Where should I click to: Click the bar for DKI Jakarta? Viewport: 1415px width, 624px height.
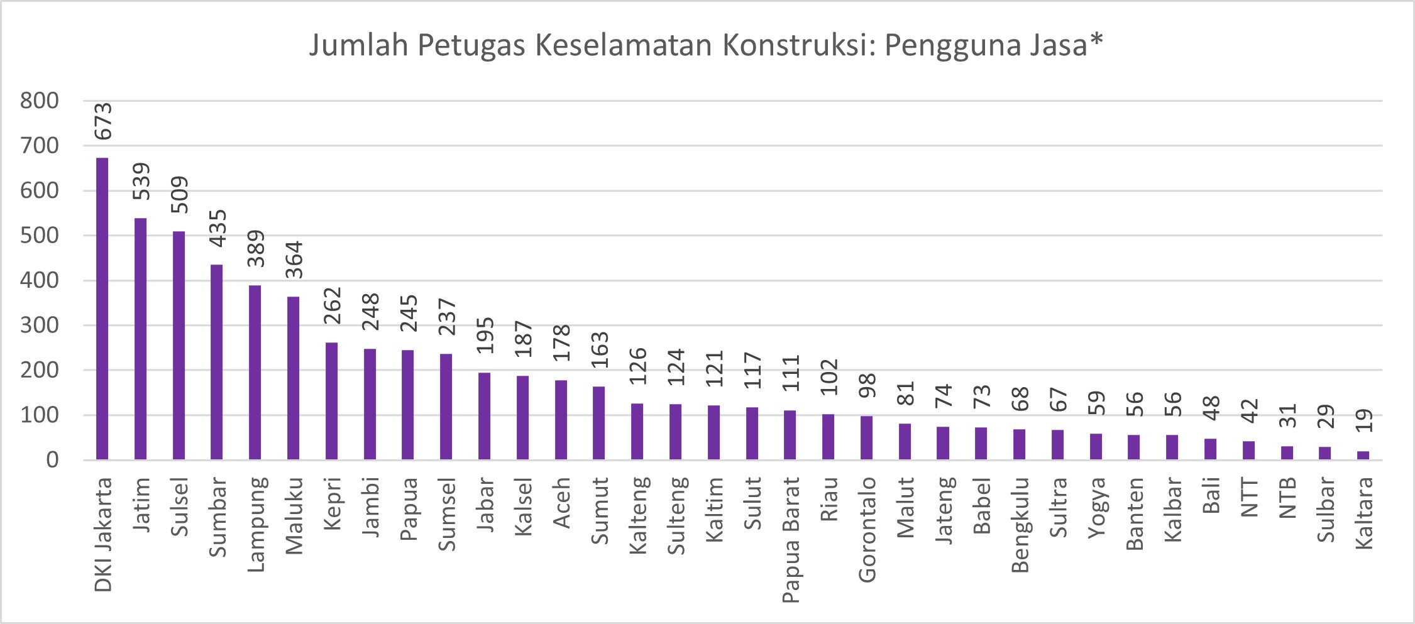pos(102,309)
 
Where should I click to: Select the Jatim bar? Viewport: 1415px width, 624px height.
pos(140,339)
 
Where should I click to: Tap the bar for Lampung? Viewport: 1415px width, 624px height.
pos(255,373)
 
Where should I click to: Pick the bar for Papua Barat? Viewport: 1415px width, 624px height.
pos(790,435)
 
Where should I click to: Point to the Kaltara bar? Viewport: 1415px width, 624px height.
pos(1363,456)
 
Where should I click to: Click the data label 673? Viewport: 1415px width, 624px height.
pos(102,121)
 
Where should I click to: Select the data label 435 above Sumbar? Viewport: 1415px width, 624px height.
pos(217,228)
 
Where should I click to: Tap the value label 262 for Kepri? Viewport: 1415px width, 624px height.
pos(331,305)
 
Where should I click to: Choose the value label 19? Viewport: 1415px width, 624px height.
pos(1363,420)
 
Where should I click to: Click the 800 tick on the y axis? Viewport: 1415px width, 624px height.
pos(39,101)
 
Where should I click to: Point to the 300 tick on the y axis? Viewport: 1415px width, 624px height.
pos(39,326)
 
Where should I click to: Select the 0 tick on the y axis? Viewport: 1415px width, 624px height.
pos(52,460)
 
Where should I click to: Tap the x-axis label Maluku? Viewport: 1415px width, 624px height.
pos(294,516)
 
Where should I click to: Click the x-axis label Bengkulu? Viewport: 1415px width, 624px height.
pos(1020,525)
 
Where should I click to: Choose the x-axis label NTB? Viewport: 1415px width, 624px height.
pos(1287,498)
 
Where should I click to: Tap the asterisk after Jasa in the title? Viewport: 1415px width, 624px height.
pos(1096,41)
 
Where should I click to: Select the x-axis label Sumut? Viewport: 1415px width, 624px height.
pos(600,510)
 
